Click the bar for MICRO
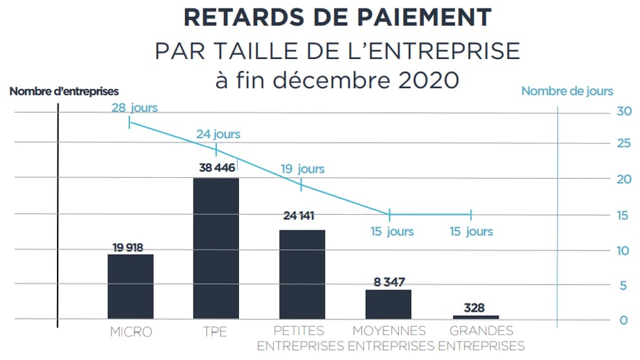tap(130, 287)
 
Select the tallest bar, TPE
tap(216, 248)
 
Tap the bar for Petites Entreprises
tap(302, 275)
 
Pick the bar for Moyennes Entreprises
tap(388, 305)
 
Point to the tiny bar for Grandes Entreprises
tap(475, 317)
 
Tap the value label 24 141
tap(302, 221)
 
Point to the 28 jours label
tap(134, 108)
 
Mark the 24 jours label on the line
tap(218, 134)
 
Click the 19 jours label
tap(302, 169)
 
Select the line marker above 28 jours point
tap(129, 122)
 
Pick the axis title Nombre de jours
tap(567, 91)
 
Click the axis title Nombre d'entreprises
tap(64, 91)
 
